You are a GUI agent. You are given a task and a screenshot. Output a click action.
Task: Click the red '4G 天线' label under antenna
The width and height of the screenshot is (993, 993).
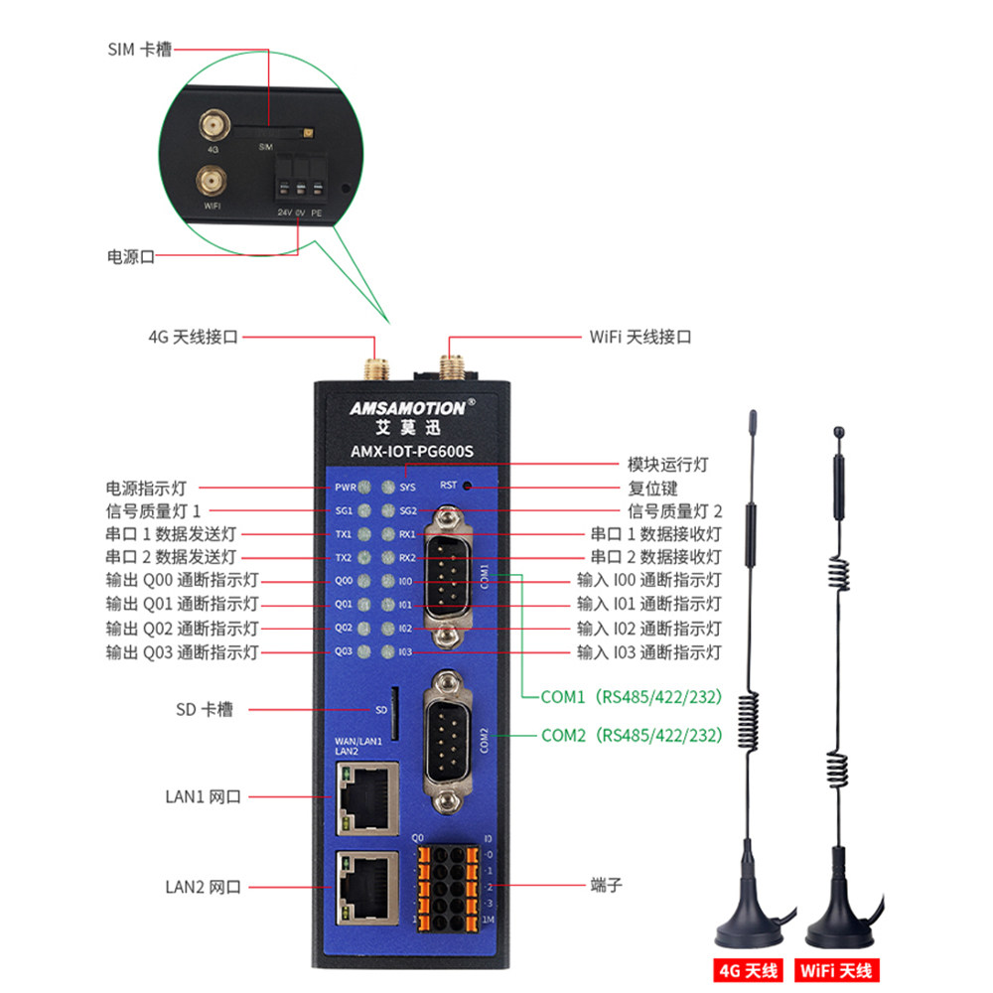tap(750, 969)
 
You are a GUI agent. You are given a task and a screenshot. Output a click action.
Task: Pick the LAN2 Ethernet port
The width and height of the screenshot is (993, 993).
tap(368, 886)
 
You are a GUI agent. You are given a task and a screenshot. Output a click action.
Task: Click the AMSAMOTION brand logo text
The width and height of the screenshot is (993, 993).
tap(406, 408)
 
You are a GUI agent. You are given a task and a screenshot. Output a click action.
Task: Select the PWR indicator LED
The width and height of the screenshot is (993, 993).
tap(364, 488)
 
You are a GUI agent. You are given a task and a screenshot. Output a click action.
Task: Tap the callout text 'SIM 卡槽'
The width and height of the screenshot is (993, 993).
tap(139, 49)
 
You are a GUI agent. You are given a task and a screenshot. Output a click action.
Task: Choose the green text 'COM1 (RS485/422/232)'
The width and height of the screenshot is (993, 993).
tap(631, 696)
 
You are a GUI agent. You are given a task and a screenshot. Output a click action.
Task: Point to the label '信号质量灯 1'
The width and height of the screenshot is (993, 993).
tap(154, 511)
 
